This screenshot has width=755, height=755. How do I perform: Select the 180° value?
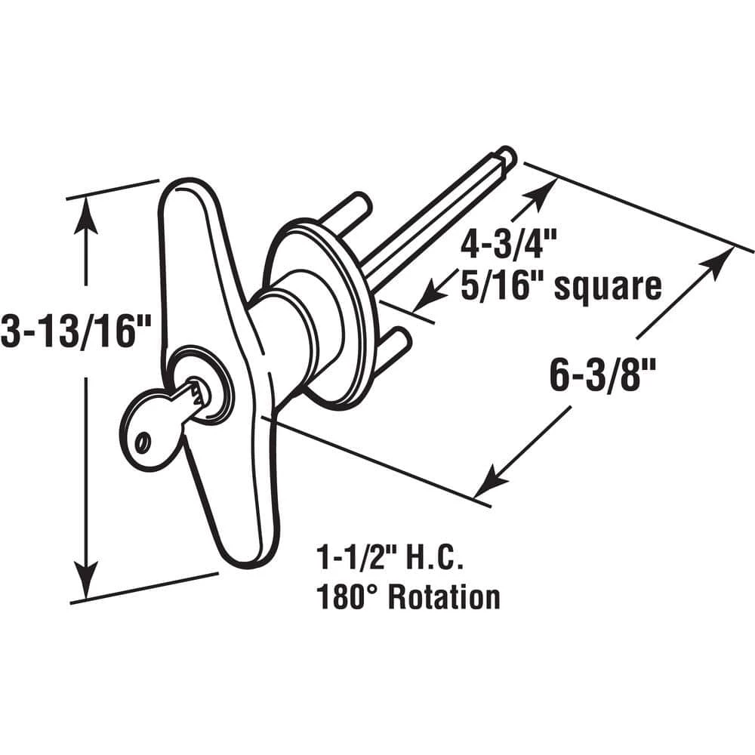[x=350, y=597]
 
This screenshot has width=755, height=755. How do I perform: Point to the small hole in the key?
[x=142, y=440]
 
